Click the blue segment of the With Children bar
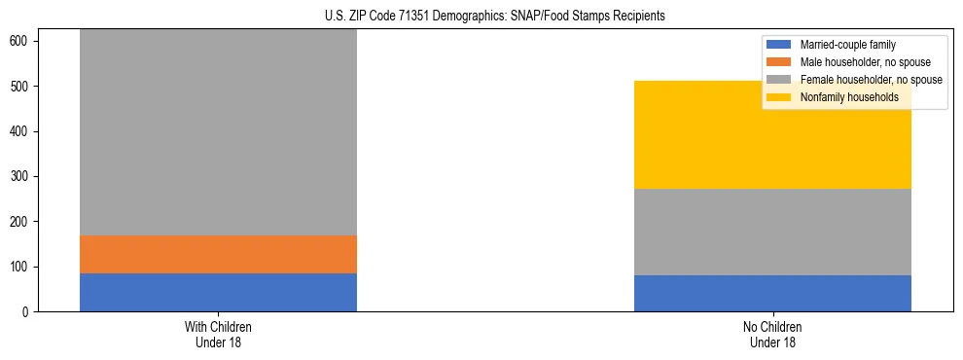[x=218, y=292]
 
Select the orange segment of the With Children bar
[x=218, y=254]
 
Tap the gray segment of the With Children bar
[x=218, y=132]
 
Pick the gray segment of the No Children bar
[x=772, y=232]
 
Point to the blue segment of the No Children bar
[x=772, y=293]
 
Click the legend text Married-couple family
[x=847, y=45]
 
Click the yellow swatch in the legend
[x=780, y=97]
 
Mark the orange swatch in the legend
[x=780, y=62]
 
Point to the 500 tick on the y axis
[x=39, y=87]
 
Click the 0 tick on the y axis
[x=39, y=311]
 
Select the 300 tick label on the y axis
[x=23, y=176]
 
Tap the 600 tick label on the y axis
[x=23, y=41]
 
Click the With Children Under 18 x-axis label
[x=218, y=334]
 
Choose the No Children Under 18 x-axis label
[x=772, y=334]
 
